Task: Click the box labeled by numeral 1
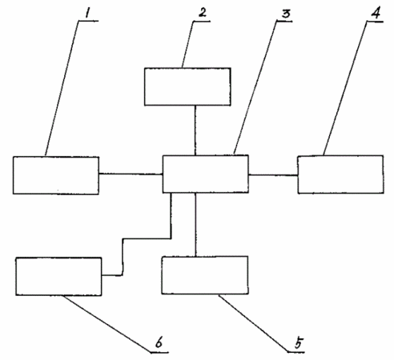tap(56, 175)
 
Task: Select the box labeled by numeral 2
tap(187, 86)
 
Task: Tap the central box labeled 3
tap(206, 174)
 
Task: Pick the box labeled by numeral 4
tap(340, 174)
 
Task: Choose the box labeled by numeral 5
tap(205, 275)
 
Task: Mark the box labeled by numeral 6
tap(58, 276)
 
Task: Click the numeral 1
tap(86, 14)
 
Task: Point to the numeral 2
tap(203, 13)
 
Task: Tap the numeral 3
tap(286, 14)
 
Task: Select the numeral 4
tap(376, 13)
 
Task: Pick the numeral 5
tap(299, 342)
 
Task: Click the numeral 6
tap(159, 342)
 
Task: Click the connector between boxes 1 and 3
tap(131, 174)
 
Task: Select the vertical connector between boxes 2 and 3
tap(195, 130)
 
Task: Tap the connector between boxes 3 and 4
tap(273, 175)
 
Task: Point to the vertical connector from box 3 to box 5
tap(195, 225)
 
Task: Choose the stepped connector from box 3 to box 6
tap(146, 238)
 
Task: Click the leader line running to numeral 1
tap(62, 88)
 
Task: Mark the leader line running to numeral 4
tap(345, 88)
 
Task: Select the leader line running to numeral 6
tap(107, 324)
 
